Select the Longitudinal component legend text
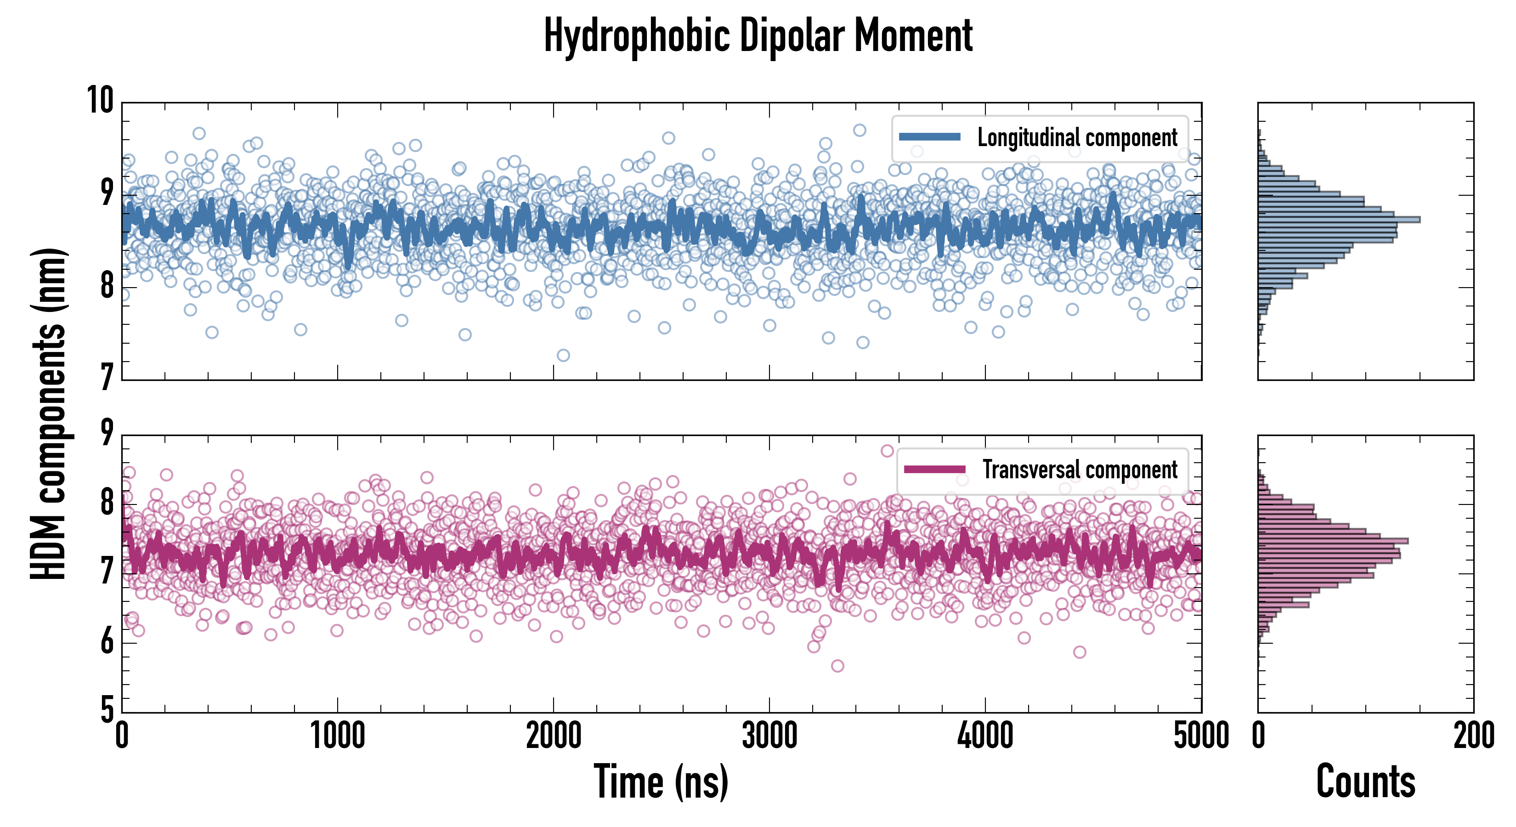[1077, 138]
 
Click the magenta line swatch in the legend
[934, 469]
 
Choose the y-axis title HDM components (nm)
[48, 412]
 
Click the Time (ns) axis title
[661, 782]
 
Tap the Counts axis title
[1365, 782]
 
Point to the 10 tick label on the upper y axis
[100, 100]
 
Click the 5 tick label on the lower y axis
[107, 709]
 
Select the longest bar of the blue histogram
[1339, 220]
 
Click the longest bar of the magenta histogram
[1333, 540]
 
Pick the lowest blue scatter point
[563, 355]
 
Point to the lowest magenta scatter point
[837, 666]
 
